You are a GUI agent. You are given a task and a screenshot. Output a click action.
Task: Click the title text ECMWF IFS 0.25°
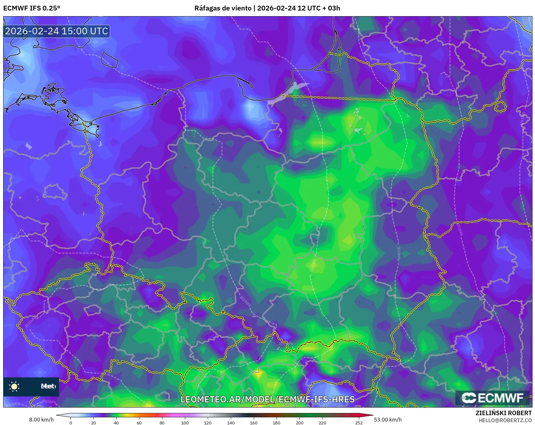32,8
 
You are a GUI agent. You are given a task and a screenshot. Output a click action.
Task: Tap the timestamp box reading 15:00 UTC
56,31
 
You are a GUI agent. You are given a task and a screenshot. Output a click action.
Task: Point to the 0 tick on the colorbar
71,422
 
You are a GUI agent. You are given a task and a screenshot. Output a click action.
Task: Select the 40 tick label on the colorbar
116,422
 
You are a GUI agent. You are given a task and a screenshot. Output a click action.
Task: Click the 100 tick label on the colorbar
185,422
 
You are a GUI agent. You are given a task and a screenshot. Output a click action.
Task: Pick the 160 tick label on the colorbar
254,422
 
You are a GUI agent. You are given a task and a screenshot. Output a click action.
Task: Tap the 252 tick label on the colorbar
359,422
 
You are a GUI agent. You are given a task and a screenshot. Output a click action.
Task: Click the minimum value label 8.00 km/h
42,420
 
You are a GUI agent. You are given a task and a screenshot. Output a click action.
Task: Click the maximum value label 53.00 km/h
388,420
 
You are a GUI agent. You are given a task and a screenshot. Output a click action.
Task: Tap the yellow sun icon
14,386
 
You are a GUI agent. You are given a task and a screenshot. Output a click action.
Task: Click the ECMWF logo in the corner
493,398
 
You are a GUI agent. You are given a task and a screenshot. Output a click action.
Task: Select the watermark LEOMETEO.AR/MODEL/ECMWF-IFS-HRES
267,399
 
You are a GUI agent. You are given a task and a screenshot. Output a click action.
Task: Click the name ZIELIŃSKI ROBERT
504,413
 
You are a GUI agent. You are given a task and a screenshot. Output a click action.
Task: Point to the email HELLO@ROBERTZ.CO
505,420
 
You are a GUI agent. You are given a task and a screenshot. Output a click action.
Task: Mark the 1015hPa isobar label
399,253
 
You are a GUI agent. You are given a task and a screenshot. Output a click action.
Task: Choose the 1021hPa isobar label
31,321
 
